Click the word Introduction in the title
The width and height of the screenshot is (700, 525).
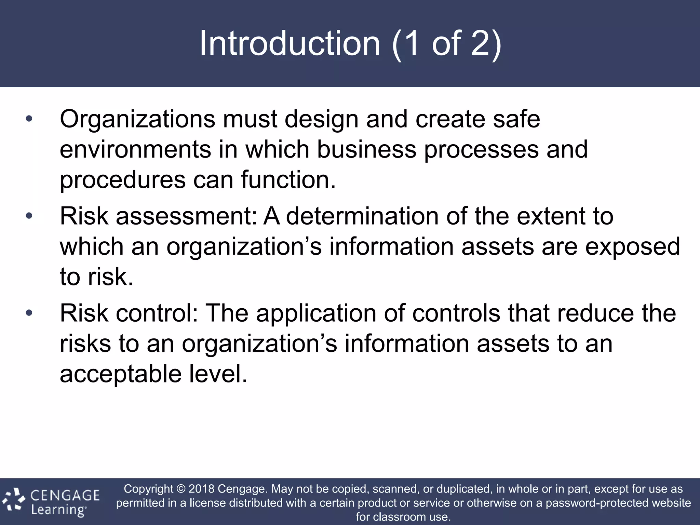pyautogui.click(x=290, y=43)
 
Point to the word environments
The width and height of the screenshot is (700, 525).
pyautogui.click(x=135, y=150)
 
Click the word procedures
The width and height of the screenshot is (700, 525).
pyautogui.click(x=122, y=180)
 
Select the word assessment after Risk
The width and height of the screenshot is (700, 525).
pyautogui.click(x=186, y=216)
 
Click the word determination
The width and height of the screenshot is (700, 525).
pyautogui.click(x=362, y=216)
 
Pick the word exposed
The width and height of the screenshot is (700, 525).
pyautogui.click(x=632, y=247)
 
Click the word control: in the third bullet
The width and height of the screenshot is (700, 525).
pyautogui.click(x=157, y=313)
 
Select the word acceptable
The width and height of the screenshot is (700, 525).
pyautogui.click(x=120, y=374)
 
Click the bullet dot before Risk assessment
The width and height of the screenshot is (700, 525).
pyautogui.click(x=29, y=216)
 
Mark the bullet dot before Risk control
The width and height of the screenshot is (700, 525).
pyautogui.click(x=29, y=313)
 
